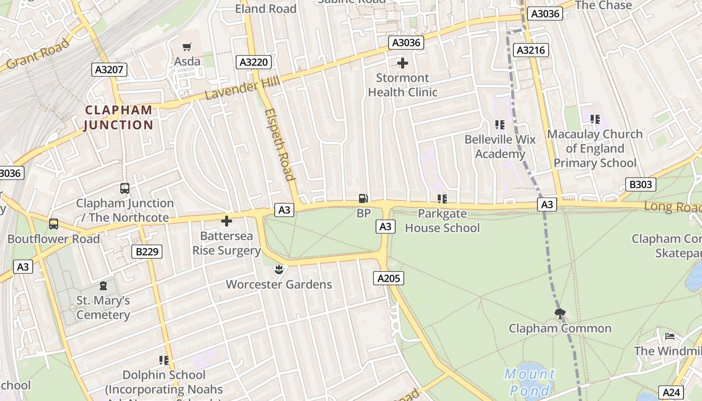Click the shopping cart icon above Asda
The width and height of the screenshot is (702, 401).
(x=187, y=47)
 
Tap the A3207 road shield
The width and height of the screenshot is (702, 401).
(x=110, y=69)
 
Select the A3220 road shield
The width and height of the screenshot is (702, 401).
(x=254, y=62)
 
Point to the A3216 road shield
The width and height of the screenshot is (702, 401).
(x=531, y=50)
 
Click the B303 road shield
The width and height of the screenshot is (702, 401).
(x=641, y=184)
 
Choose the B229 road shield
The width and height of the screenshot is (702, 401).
(x=147, y=251)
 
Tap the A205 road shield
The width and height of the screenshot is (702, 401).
(x=389, y=278)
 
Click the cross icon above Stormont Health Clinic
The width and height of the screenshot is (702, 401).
(x=402, y=63)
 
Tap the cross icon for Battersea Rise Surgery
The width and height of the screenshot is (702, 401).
(x=227, y=221)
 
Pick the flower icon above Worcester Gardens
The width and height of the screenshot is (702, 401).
(x=278, y=270)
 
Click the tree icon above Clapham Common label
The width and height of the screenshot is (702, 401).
(x=560, y=314)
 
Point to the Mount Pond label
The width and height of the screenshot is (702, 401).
(x=530, y=382)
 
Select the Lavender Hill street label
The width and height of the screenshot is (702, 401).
(x=242, y=89)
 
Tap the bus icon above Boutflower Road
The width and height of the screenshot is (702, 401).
(x=54, y=224)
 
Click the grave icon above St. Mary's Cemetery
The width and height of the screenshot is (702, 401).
(x=103, y=286)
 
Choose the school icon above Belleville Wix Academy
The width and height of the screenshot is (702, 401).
(x=499, y=124)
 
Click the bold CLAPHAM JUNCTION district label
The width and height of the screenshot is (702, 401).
(x=118, y=117)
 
